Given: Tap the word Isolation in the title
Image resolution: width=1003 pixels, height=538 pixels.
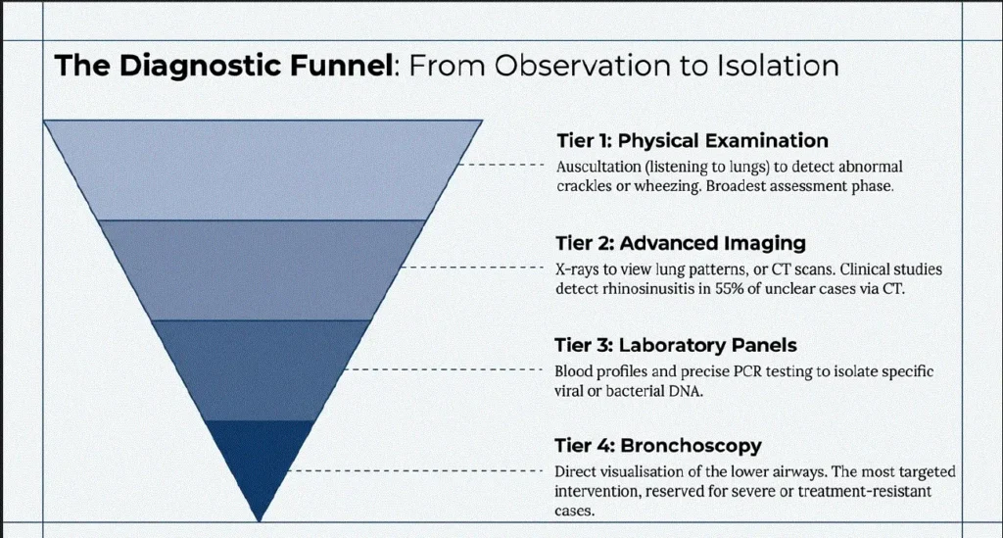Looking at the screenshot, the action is pos(777,66).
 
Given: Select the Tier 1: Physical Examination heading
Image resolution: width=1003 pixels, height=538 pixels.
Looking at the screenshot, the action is pos(693,141).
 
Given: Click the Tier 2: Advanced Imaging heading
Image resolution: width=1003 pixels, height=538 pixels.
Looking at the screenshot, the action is pos(681,243).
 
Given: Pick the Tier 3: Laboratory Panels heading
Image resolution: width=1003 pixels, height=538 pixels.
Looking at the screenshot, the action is pos(676,346).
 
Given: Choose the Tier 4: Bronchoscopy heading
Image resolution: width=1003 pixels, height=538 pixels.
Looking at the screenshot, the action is pos(658,445).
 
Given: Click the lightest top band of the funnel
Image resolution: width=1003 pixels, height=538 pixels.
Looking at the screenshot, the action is pos(263,170).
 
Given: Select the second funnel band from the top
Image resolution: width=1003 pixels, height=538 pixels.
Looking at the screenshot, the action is pos(263,269).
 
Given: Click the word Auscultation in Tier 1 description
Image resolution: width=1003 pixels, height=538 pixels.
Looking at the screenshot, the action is pos(598,167).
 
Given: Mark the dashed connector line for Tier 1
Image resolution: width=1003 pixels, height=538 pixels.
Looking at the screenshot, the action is pos(501,165).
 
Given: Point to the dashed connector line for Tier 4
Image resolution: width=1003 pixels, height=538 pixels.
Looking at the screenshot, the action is pos(415,470).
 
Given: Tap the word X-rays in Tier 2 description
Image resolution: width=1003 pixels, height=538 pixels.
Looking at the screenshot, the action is pos(578,269).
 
